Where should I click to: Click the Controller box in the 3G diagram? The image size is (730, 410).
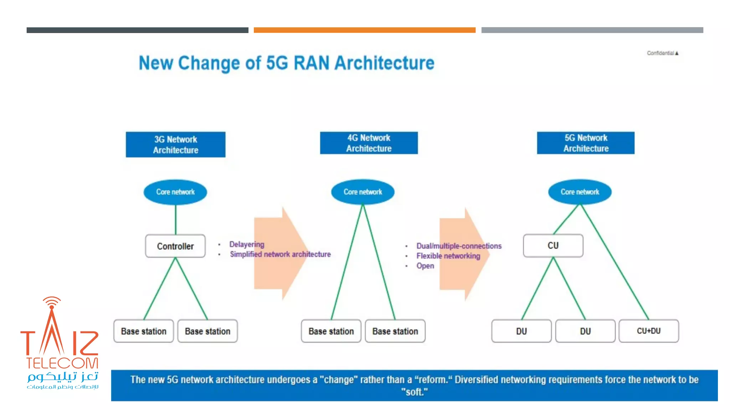pos(175,246)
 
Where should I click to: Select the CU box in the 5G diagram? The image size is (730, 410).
pos(553,246)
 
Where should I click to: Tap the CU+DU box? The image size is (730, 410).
pos(649,331)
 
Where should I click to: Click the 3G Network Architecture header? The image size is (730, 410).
pos(175,144)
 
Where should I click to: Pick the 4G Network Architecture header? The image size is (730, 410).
pos(369,143)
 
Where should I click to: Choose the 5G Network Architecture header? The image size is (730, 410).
pos(586,143)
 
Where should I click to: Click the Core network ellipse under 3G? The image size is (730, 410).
pos(175,192)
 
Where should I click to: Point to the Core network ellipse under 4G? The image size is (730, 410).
pos(363,192)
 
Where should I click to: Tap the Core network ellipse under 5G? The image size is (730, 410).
pos(580,192)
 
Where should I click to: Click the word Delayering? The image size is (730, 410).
pos(247,244)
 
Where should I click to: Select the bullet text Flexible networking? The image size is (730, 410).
pos(448,256)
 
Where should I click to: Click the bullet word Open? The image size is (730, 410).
pos(425,266)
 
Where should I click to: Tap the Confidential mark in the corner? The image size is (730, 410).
pos(662,53)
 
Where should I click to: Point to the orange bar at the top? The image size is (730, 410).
pos(364,30)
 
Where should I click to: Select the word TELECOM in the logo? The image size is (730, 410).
pos(62,363)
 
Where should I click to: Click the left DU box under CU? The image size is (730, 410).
pos(521,331)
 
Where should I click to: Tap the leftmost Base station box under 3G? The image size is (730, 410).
pos(143,331)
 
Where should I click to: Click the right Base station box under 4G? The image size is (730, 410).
pos(395,331)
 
